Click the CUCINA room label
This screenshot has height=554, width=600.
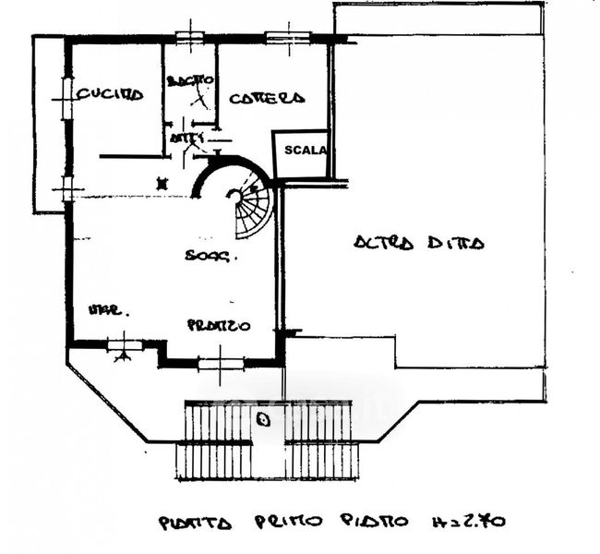point(110,94)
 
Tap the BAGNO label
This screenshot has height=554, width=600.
point(191,81)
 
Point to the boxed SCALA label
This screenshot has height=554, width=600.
point(305,151)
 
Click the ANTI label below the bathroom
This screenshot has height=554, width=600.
point(187,138)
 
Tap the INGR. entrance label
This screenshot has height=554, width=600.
point(108,310)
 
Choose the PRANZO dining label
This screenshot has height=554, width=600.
point(219,325)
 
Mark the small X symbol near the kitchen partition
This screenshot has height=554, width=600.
point(163,183)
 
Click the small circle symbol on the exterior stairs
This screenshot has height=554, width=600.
point(263,420)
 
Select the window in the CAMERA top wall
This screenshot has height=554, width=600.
point(285,38)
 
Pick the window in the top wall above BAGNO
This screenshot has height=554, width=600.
point(190,38)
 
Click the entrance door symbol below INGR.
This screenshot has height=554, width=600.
point(121,346)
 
